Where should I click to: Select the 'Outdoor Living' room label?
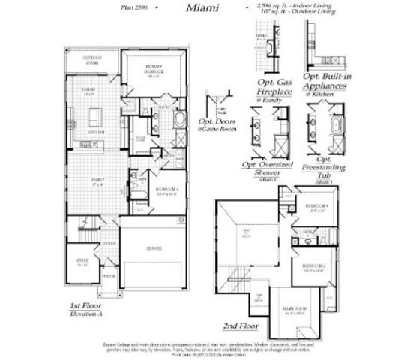[x=91, y=61]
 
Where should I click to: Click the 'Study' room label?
[x=82, y=262]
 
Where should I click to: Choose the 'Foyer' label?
[x=109, y=243]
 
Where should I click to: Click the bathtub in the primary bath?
[x=178, y=120]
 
